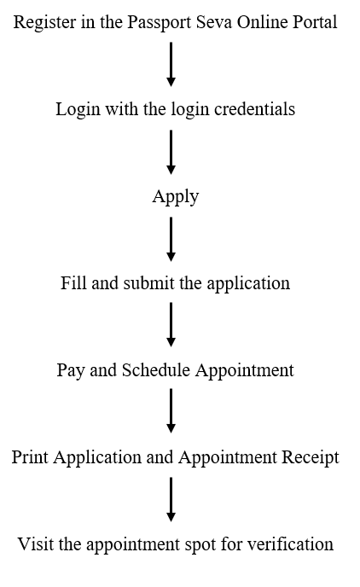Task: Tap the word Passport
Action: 159,22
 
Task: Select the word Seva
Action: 213,21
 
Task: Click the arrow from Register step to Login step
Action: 171,64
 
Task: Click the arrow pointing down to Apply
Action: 171,152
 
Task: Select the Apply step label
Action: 176,196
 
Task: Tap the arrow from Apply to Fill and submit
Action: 171,239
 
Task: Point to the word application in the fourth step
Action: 248,284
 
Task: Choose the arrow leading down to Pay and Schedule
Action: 171,324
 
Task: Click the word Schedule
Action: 155,370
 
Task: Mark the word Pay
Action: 71,370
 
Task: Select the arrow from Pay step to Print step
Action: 171,410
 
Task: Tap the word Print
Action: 30,457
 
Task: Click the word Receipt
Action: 311,458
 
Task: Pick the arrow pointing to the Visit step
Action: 171,499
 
